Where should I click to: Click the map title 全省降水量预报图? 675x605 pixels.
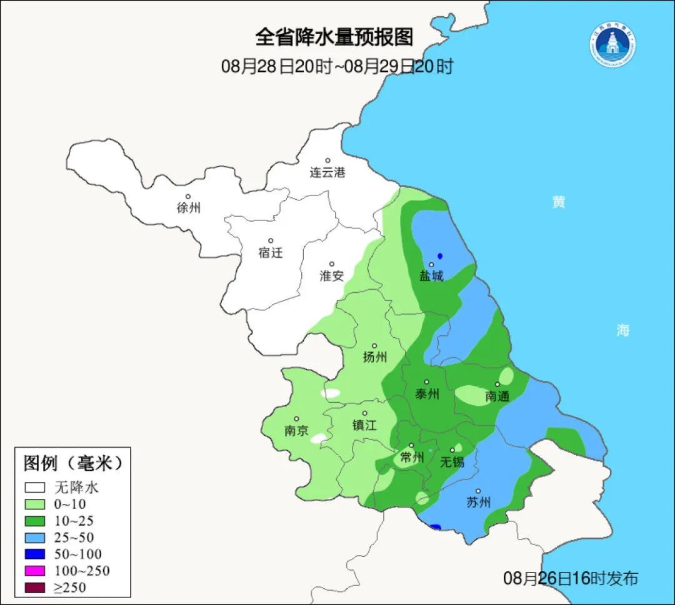334,37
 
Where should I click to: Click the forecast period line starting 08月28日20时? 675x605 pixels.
337,66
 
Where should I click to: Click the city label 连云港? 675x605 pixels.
327,173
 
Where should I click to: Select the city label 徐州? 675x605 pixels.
189,208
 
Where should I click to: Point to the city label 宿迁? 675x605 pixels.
271,252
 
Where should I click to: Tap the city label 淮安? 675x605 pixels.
332,275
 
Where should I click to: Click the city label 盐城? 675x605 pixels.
431,275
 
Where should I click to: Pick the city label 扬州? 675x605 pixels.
375,357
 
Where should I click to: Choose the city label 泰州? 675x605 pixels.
427,393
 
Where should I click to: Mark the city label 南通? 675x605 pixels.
497,396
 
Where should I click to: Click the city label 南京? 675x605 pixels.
296,431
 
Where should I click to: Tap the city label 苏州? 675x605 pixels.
479,502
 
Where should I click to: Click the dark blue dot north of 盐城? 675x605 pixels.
440,256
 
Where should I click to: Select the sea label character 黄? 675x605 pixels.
558,202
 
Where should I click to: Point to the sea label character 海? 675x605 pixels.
622,330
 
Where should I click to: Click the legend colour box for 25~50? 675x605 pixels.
35,537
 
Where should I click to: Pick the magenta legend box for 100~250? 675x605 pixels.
35,570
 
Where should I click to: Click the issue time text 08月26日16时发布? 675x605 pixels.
571,578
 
